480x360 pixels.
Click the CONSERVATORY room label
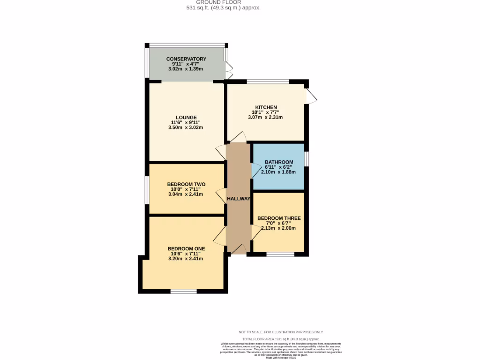click(186, 59)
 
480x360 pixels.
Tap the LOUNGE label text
click(186, 118)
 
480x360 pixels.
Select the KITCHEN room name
click(266, 107)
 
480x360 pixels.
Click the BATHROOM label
click(279, 162)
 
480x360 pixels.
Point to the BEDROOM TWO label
click(186, 184)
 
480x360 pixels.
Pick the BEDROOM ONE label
click(186, 248)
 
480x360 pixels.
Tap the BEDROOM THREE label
click(279, 218)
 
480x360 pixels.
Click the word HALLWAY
click(239, 199)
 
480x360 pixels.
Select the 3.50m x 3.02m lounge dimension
click(186, 127)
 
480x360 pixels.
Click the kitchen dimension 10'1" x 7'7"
click(266, 112)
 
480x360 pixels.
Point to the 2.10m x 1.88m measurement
click(279, 172)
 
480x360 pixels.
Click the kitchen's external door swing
click(312, 96)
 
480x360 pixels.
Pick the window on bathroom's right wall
click(307, 159)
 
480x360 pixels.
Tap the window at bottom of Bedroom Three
click(280, 255)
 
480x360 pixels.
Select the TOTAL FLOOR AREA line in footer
click(280, 338)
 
